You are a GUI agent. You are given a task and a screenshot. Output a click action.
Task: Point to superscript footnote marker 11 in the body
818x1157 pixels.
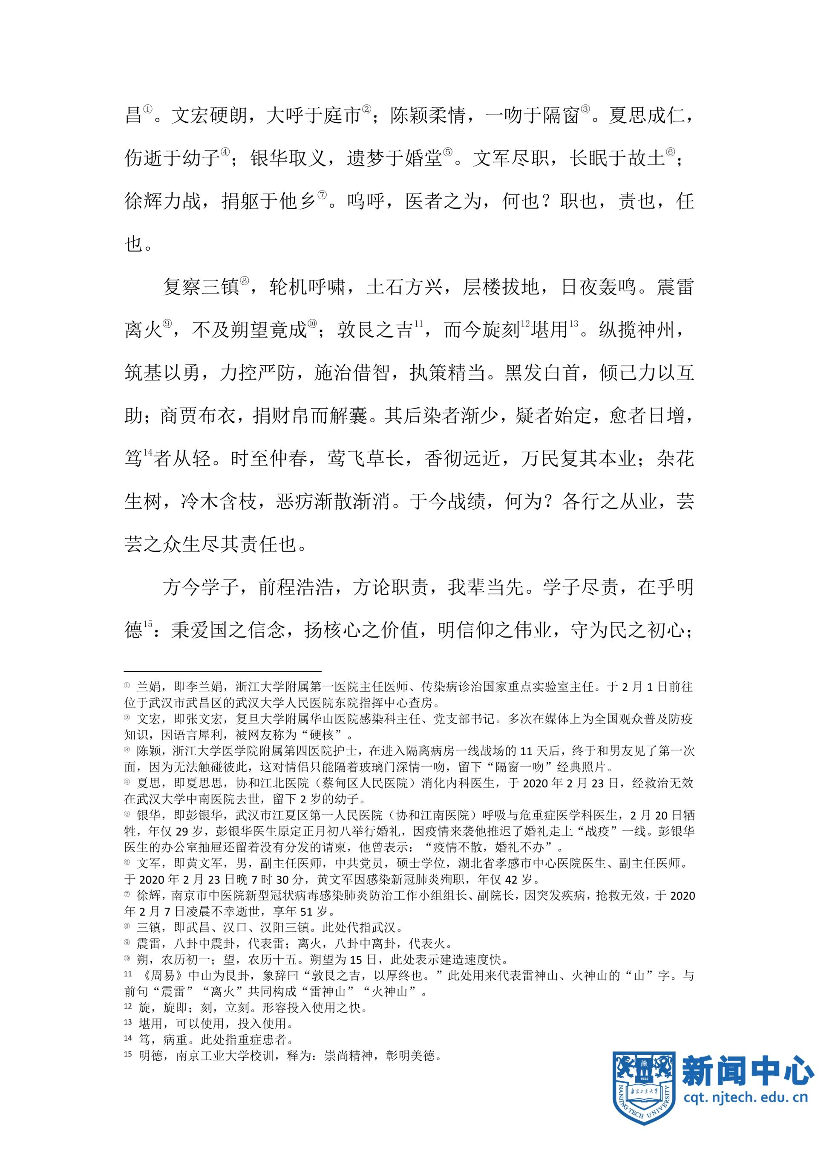click(x=418, y=323)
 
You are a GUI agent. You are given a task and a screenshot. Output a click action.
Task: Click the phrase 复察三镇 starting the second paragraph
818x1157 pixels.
click(x=201, y=288)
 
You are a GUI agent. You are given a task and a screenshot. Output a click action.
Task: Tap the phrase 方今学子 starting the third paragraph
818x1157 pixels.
click(x=201, y=588)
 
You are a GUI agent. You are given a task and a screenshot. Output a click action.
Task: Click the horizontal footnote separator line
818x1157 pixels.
click(x=223, y=671)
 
